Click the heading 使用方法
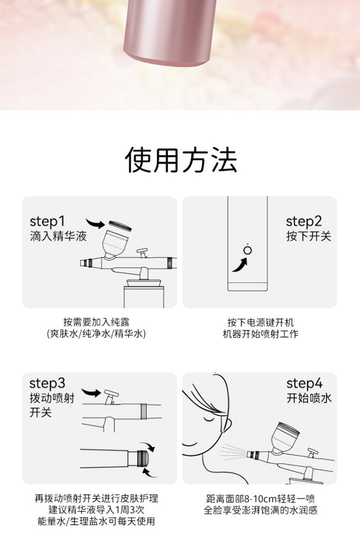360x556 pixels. point(181,160)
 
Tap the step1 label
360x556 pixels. point(47,221)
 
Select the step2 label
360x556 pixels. point(303,221)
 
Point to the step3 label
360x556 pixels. point(47,383)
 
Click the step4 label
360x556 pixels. point(304,383)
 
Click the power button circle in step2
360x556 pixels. point(247,250)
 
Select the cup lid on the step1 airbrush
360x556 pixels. point(120,226)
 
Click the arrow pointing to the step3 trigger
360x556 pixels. point(91,392)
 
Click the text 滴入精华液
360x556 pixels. point(58,236)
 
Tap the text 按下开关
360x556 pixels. point(309,236)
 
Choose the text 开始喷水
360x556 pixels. point(309,398)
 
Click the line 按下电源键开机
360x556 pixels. point(261,323)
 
